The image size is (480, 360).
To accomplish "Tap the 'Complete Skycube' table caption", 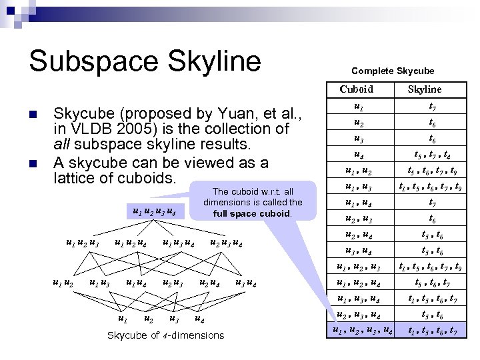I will point(392,70).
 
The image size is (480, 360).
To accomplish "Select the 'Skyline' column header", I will point(425,89).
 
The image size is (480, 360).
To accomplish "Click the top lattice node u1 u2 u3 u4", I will point(155,213).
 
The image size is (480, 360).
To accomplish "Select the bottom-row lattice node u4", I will point(198,319).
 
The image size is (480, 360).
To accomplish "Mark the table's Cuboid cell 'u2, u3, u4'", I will point(362,314).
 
